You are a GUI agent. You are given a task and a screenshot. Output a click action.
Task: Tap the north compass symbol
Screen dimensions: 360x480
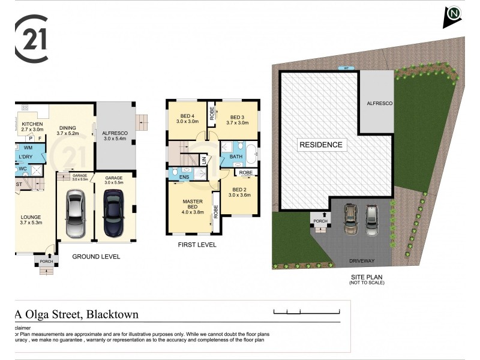pos(452,16)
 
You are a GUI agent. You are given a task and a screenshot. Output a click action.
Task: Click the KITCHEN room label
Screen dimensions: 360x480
pos(32,125)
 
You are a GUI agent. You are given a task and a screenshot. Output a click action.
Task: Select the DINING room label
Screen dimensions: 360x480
pos(67,127)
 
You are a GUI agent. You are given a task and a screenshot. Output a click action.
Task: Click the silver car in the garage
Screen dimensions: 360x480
pos(76,213)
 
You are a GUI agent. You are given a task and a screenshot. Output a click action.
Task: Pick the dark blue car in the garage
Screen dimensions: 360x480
pos(113,213)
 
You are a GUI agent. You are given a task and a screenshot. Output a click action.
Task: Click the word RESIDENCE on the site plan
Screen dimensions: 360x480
pos(321,145)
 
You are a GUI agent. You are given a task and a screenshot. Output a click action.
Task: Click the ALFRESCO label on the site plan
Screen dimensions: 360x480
pos(379,103)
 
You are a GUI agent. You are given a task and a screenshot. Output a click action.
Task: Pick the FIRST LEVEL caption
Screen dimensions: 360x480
pos(197,245)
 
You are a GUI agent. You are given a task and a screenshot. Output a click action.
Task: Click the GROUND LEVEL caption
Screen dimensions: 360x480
pos(96,256)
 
